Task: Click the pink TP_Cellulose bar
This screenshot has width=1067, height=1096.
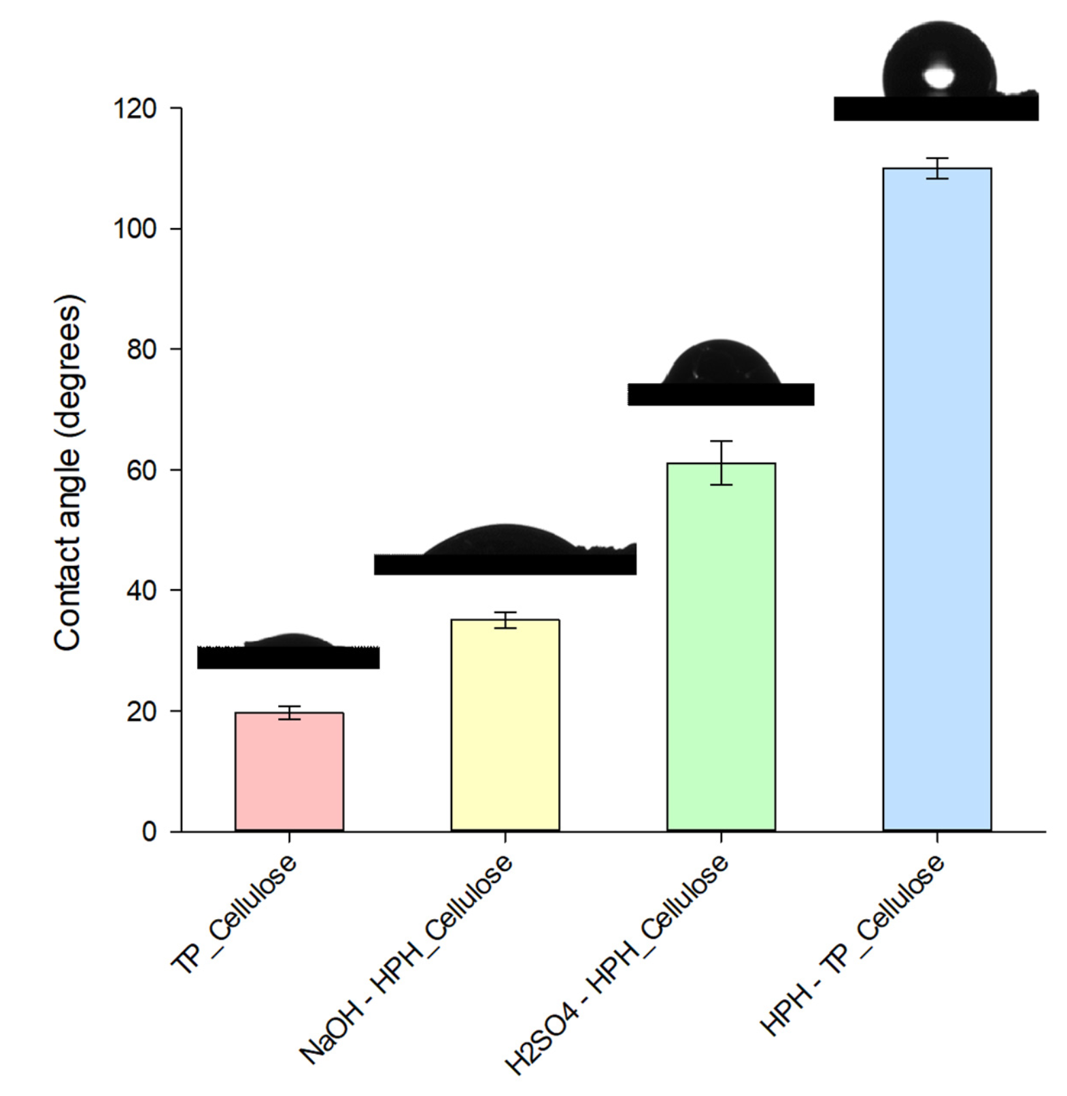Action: [x=289, y=771]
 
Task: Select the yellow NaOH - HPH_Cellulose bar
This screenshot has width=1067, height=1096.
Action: [x=505, y=725]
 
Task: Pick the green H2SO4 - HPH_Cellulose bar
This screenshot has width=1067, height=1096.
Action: [x=721, y=646]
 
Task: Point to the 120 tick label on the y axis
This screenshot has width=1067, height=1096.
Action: [x=135, y=109]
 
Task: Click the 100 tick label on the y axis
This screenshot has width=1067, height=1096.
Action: [x=135, y=229]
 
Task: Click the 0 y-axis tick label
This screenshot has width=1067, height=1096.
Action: [x=149, y=831]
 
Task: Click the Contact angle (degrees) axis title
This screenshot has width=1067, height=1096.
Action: [x=68, y=472]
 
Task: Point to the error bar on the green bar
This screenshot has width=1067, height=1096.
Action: [x=721, y=463]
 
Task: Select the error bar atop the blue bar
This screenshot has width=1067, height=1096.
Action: [x=936, y=168]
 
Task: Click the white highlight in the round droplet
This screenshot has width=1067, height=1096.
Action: [x=938, y=77]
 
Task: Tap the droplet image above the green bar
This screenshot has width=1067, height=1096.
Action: [x=721, y=373]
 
